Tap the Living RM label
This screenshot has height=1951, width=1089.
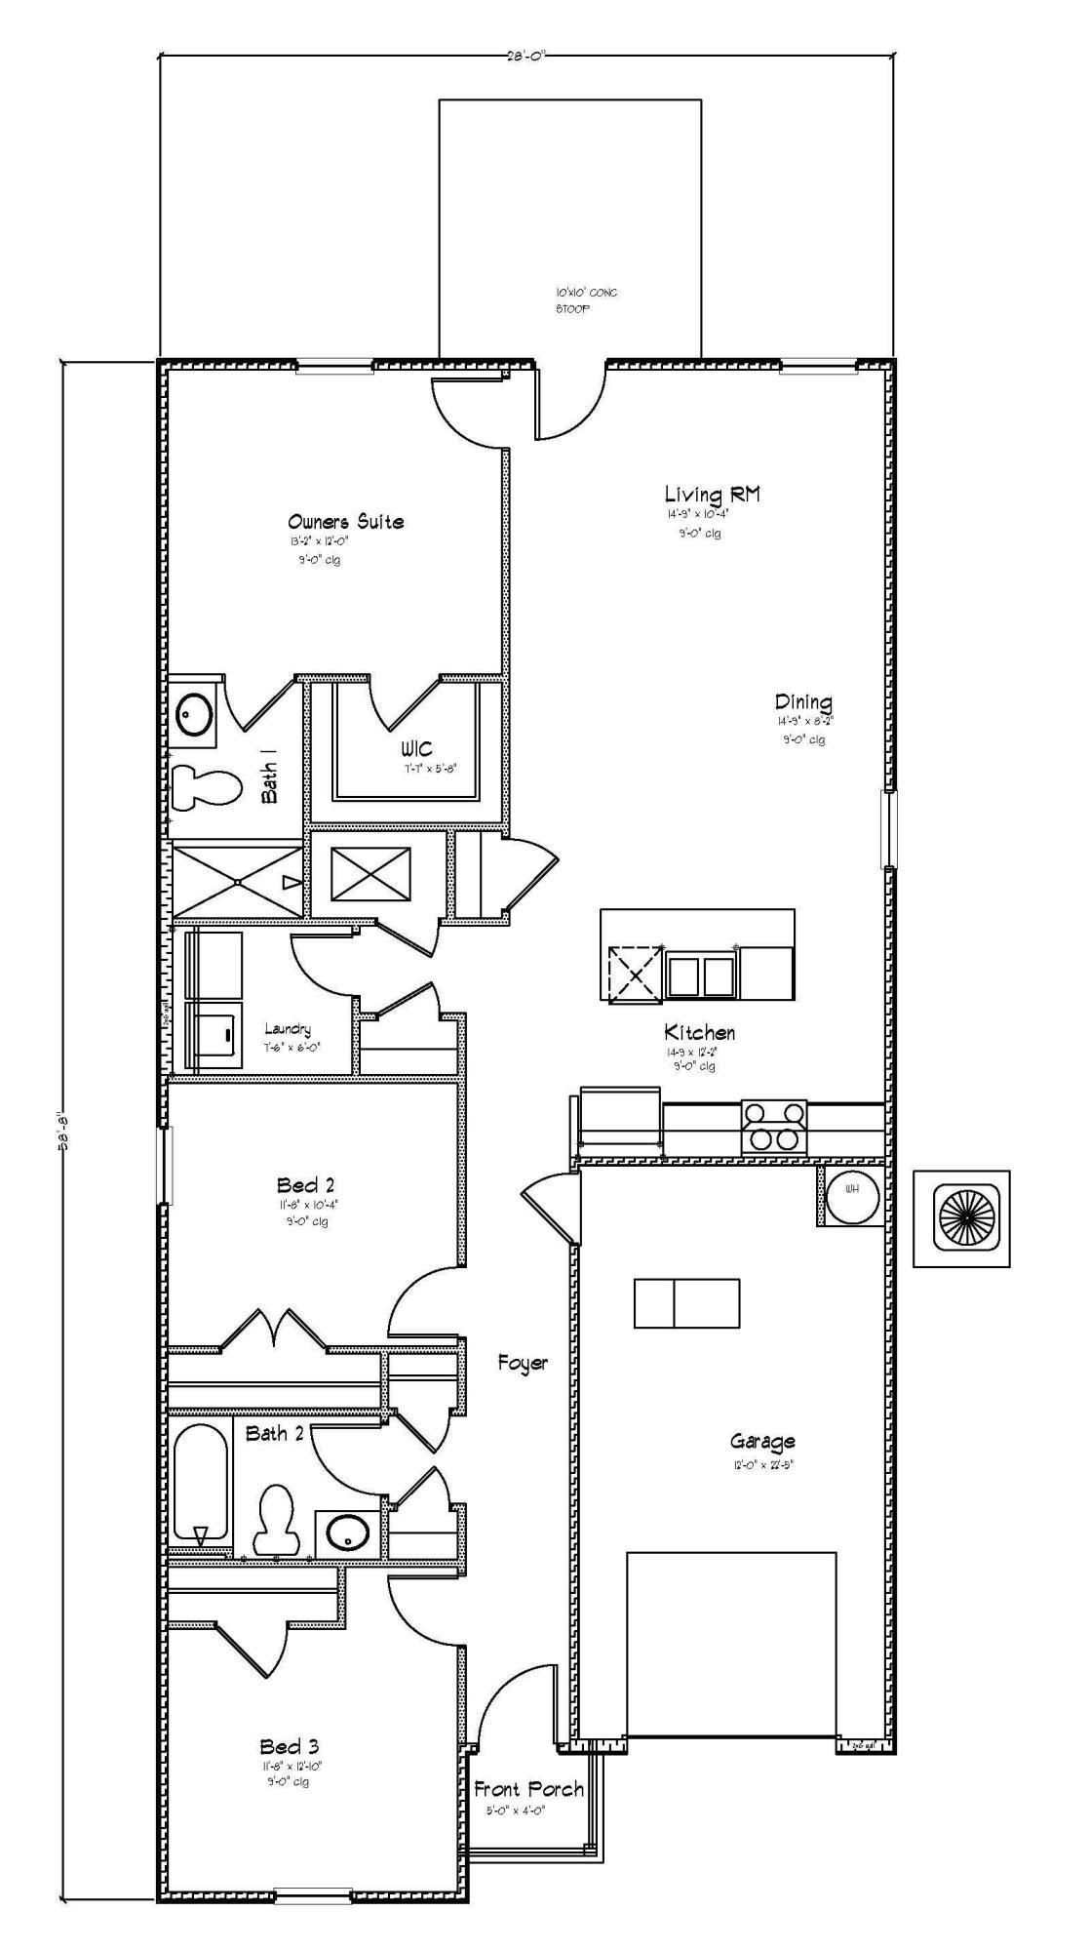click(x=712, y=495)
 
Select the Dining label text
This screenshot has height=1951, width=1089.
click(x=803, y=702)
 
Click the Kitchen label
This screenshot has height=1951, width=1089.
click(x=699, y=1032)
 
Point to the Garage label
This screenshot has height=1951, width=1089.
click(x=762, y=1441)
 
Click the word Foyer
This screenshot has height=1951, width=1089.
click(x=523, y=1363)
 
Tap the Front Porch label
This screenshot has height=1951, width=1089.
click(x=528, y=1789)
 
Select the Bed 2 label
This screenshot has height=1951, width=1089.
click(x=305, y=1185)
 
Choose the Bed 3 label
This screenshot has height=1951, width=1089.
click(x=289, y=1746)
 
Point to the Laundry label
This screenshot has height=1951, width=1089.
click(x=288, y=1029)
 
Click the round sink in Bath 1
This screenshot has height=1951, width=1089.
click(x=196, y=714)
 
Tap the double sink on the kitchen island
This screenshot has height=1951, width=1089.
click(x=700, y=975)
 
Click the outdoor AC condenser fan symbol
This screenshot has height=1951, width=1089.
click(x=961, y=1218)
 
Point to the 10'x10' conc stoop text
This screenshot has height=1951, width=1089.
click(x=585, y=299)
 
